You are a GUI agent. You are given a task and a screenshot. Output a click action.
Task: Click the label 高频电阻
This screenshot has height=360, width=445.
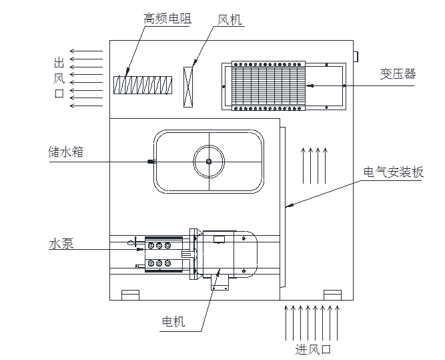pos(167,19)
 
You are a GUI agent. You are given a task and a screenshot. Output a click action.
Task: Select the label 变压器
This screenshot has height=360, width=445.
pos(398,74)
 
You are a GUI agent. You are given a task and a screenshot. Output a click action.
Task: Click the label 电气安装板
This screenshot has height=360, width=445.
pos(393,172)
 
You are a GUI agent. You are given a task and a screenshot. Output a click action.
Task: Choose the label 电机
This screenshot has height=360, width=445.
pos(173,323)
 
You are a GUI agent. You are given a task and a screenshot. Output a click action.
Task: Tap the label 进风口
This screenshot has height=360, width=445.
pos(313,349)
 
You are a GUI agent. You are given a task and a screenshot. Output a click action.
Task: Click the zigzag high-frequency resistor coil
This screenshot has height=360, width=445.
pos(143,85)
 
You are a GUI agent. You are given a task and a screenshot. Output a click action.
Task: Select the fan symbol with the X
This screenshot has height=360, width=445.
pos(189,84)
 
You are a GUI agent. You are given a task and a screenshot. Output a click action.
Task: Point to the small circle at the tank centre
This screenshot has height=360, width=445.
pos(209,162)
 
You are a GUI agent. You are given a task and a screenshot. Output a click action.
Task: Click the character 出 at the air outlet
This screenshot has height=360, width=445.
pos(59,63)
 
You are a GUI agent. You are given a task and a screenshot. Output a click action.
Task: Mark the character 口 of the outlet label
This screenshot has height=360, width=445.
pos(59,94)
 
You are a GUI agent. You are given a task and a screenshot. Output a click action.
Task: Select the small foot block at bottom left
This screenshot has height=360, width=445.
pos(130,295)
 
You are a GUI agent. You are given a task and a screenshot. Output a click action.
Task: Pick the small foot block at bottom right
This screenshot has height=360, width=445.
pos(332,295)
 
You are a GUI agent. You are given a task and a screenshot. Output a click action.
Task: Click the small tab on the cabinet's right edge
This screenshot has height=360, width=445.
pos(356,55)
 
